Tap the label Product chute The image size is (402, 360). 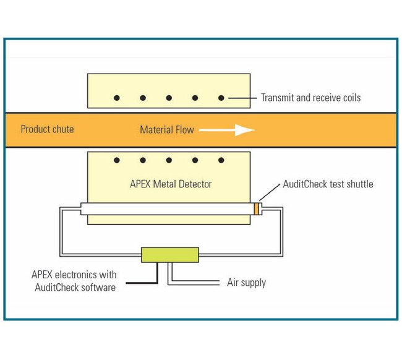47,129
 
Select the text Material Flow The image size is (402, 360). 166,130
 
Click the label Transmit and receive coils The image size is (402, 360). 310,98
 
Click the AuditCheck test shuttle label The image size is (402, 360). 328,184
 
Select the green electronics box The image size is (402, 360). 169,254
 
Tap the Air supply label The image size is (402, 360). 246,283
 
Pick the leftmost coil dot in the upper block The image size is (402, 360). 116,98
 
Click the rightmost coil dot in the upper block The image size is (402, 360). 221,98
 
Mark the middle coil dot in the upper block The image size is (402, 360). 169,98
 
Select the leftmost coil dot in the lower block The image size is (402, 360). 116,161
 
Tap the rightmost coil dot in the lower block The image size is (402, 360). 221,161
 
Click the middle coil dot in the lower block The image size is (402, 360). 169,161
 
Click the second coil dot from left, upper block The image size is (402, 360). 143,98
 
